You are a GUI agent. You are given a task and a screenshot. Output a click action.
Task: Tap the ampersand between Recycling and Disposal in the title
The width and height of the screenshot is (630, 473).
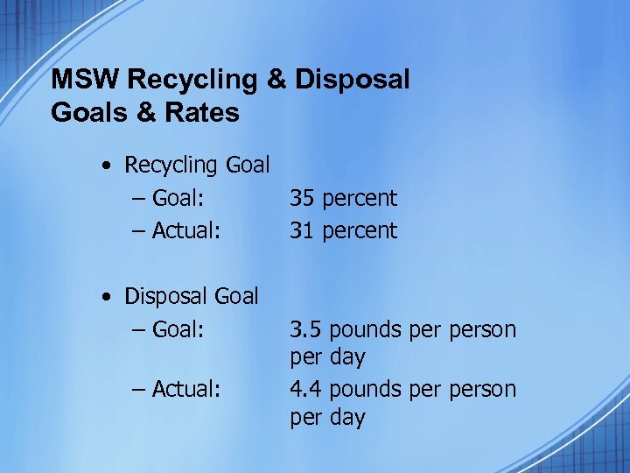click(276, 80)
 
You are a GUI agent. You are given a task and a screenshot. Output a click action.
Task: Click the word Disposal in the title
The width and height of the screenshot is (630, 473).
click(352, 80)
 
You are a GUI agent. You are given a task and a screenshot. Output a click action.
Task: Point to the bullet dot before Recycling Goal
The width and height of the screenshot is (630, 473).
click(107, 166)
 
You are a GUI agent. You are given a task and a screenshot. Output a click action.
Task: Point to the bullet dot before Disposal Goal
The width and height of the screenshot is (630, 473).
click(107, 298)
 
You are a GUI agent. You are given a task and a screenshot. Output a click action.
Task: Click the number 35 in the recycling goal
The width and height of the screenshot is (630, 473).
click(303, 198)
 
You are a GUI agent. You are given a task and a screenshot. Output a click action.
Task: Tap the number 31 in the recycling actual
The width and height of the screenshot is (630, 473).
click(303, 230)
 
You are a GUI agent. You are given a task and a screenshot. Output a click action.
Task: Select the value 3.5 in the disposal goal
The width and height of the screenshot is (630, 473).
click(306, 330)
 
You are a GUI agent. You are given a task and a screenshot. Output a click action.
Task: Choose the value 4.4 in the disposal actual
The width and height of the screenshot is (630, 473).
click(306, 389)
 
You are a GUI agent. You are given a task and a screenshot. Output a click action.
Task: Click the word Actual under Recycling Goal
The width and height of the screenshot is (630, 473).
click(185, 230)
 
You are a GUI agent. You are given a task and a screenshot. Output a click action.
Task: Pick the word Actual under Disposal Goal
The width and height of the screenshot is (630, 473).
click(185, 389)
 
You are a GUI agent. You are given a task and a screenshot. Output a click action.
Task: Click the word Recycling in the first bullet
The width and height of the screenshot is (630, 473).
click(171, 165)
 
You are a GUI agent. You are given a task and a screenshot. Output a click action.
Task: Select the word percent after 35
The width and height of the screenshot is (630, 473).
click(360, 199)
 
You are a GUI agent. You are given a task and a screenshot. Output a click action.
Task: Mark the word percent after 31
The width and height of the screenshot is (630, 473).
click(360, 231)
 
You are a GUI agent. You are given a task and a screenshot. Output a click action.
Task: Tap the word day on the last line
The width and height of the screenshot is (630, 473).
click(346, 418)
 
